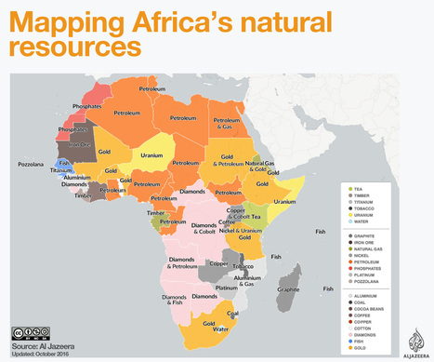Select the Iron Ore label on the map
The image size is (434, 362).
pyautogui.click(x=76, y=145)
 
